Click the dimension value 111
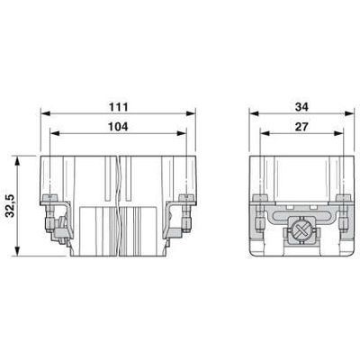118,107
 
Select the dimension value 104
118,127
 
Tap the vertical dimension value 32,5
11,205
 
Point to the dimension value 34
301,107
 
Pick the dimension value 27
301,127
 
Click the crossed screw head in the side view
301,230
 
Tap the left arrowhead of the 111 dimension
45,113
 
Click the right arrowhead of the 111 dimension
191,113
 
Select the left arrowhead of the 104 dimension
54,133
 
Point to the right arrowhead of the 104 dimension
182,133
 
